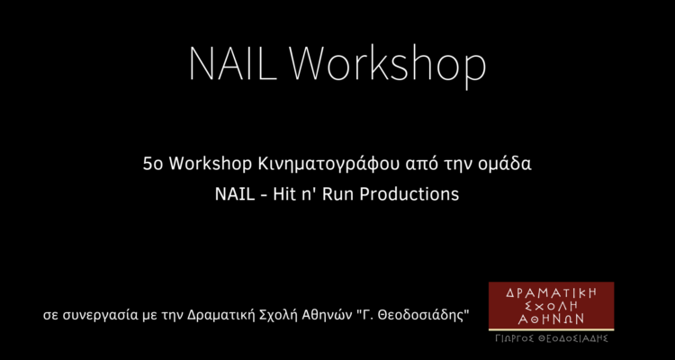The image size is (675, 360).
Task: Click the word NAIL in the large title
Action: pyautogui.click(x=232, y=64)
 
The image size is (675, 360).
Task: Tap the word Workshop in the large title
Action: pyautogui.click(x=387, y=67)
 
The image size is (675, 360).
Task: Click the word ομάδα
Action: pyautogui.click(x=505, y=164)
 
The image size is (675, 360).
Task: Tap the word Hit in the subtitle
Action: pyautogui.click(x=283, y=193)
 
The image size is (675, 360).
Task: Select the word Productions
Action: pyautogui.click(x=409, y=194)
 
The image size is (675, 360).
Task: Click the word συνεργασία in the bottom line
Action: pyautogui.click(x=99, y=316)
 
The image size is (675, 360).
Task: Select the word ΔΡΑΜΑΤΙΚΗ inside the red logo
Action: pyautogui.click(x=552, y=292)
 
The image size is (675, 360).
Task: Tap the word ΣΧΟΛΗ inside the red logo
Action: pyautogui.click(x=552, y=306)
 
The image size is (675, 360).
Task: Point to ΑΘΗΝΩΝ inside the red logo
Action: pyautogui.click(x=552, y=319)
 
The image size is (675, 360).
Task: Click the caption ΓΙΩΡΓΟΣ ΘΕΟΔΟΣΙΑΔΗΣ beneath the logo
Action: pyautogui.click(x=552, y=338)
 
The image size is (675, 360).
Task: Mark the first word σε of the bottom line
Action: pyautogui.click(x=50, y=317)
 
